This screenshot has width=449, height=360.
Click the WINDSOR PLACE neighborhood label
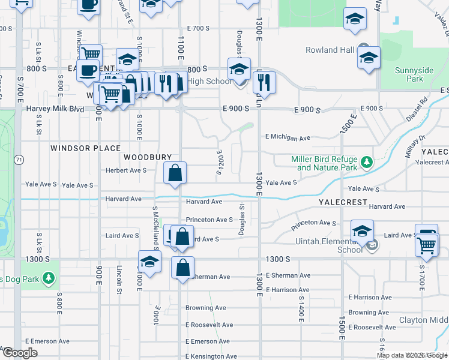click(85, 148)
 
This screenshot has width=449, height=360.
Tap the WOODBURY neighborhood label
click(143, 157)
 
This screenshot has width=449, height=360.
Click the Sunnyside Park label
click(414, 74)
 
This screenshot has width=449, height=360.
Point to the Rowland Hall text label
click(330, 50)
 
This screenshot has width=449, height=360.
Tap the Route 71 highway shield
click(19, 160)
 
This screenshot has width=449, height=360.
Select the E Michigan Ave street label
click(288, 137)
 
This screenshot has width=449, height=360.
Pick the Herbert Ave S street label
click(127, 170)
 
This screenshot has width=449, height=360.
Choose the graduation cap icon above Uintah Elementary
click(363, 231)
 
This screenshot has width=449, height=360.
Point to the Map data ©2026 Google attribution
click(412, 355)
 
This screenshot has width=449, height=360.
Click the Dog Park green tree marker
click(49, 279)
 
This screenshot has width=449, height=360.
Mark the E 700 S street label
click(198, 28)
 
